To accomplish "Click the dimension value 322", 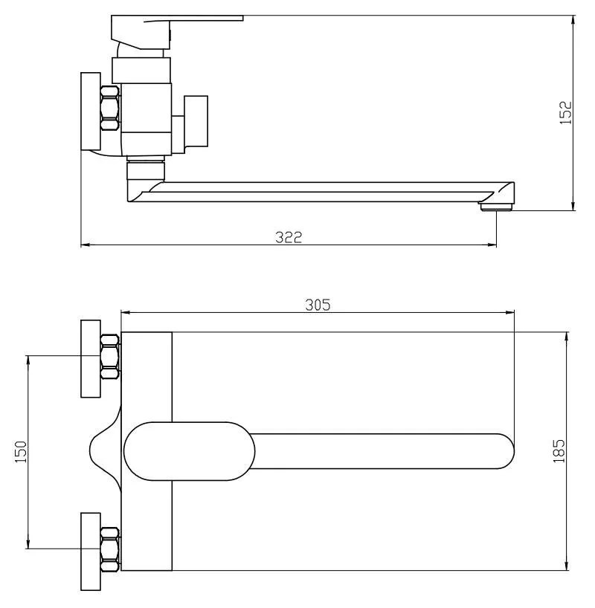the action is click(x=289, y=237).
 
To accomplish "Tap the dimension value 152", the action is click(x=566, y=113).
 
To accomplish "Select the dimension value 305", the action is click(x=318, y=305).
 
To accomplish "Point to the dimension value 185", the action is click(x=559, y=451).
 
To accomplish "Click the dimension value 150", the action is click(x=21, y=452).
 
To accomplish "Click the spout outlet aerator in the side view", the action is click(x=497, y=207).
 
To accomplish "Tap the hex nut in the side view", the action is click(x=109, y=109).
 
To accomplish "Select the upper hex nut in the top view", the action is click(x=109, y=357).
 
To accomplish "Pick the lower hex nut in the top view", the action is click(x=109, y=550).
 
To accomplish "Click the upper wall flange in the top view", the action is click(x=91, y=359).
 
